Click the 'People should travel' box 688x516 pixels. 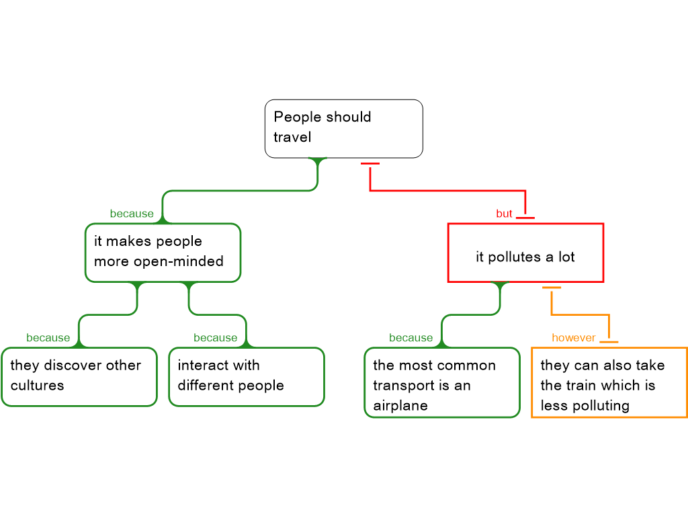point(343,128)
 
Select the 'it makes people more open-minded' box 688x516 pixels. point(163,253)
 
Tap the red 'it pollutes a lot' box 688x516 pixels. point(525,253)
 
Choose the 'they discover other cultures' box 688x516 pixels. point(79,377)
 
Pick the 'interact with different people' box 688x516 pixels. point(247,377)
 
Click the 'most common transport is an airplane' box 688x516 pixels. point(442,382)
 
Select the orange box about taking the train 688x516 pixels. point(609,382)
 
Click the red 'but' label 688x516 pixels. point(504,214)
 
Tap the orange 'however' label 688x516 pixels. point(574,338)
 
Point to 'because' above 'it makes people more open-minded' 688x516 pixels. point(132,214)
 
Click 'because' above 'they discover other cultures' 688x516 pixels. point(48,338)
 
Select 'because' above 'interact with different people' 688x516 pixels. point(215,338)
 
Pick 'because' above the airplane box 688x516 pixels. point(411,338)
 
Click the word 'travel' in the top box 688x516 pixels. point(292,137)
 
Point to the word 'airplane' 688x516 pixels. point(400,406)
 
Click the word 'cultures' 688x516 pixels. point(38,386)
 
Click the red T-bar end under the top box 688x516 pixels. point(370,164)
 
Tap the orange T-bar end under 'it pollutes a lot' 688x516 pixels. point(552,288)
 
